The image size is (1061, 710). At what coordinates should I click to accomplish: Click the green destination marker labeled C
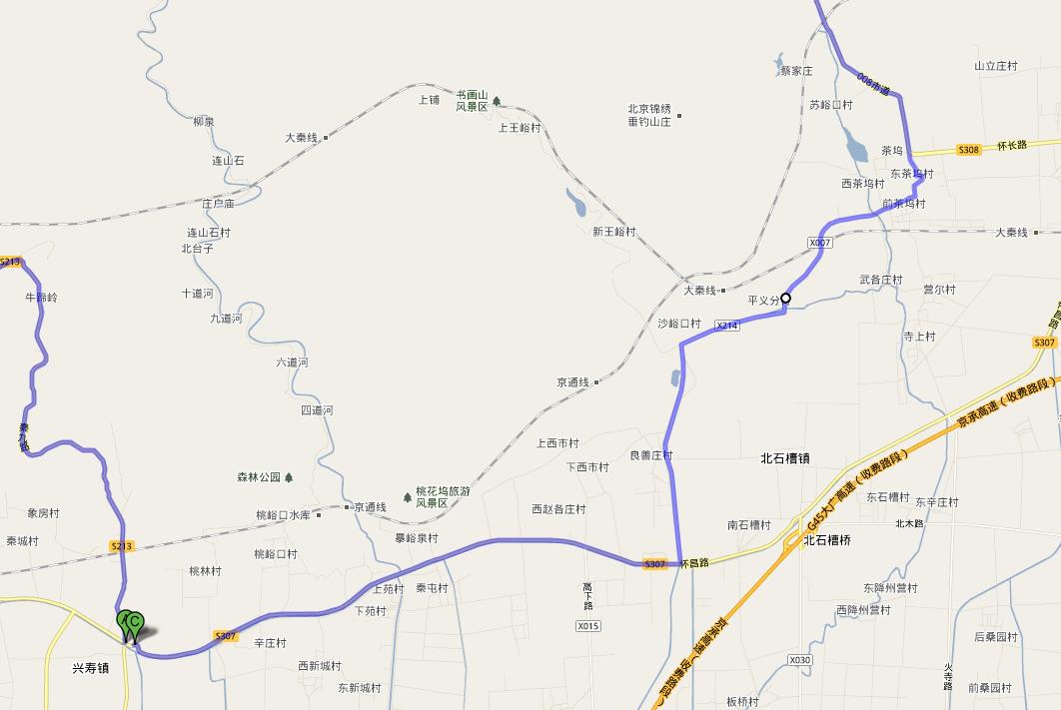point(135,621)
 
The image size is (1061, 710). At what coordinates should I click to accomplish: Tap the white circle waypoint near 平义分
point(786,298)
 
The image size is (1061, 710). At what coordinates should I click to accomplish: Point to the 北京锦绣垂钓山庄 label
point(648,115)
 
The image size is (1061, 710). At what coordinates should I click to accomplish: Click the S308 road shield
point(968,150)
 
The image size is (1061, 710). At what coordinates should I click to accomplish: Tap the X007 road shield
point(819,243)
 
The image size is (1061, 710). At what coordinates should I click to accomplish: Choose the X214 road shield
point(727,326)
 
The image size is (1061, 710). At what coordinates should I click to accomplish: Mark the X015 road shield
point(588,626)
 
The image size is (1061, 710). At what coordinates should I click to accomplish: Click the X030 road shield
point(799,660)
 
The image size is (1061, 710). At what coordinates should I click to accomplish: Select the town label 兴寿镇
point(90,667)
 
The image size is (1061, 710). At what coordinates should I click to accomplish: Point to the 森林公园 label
point(259,477)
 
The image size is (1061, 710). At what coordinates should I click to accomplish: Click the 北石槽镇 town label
point(785,459)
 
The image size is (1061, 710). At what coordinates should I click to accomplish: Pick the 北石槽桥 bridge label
point(827,540)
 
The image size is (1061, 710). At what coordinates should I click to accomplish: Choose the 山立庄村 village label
point(995,66)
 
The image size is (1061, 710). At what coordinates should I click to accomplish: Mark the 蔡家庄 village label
point(797,72)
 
